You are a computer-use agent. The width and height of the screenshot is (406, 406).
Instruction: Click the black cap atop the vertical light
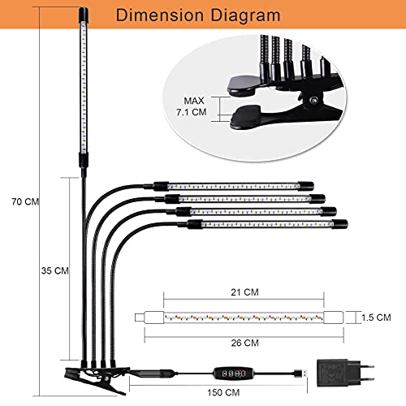[84, 15]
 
